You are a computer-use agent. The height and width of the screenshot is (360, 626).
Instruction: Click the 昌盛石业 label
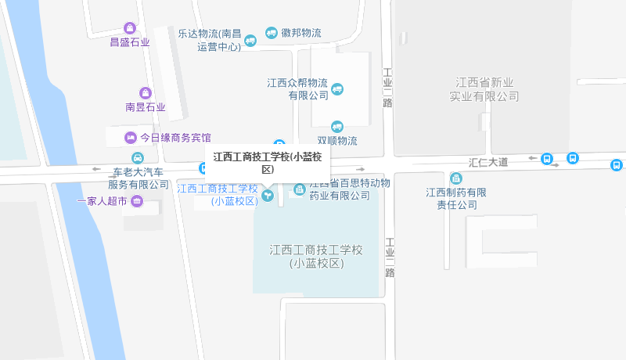[x=129, y=42]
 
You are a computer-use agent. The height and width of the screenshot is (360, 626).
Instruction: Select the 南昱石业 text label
[x=146, y=107]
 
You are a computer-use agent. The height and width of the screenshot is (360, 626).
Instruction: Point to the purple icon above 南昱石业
[x=145, y=93]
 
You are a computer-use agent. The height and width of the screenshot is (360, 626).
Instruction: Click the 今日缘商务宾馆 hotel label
[x=175, y=138]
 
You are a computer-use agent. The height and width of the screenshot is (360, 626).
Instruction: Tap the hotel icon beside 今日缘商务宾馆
[x=130, y=138]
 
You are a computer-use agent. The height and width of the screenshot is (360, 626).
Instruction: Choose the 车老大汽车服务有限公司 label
[x=139, y=178]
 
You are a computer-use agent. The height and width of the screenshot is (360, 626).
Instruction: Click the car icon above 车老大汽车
[x=138, y=157]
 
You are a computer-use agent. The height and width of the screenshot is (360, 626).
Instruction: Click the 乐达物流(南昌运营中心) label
[x=209, y=40]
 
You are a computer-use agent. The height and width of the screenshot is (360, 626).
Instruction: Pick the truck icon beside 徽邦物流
[x=272, y=33]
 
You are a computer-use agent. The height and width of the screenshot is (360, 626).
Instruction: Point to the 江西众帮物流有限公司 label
[x=297, y=89]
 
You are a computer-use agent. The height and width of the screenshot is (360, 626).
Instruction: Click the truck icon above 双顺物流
[x=337, y=126]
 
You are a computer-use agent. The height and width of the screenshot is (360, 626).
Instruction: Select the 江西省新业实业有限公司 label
[x=484, y=89]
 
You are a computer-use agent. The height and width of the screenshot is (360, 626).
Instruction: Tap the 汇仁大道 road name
[x=488, y=162]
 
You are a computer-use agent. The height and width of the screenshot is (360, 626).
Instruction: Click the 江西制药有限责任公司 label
[x=456, y=199]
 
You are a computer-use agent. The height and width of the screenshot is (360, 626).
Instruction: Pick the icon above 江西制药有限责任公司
[x=456, y=178]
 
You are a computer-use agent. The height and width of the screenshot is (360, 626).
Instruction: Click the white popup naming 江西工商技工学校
[x=268, y=163]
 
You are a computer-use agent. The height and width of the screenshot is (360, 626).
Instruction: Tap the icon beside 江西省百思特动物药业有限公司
[x=300, y=189]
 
